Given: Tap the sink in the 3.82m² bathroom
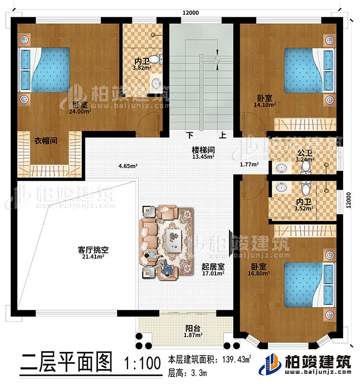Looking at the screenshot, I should pos(156,83).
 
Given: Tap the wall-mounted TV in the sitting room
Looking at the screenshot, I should pos(232,244).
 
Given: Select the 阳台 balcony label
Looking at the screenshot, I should pos(193,328).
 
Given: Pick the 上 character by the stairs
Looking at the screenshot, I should pos(223,136).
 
